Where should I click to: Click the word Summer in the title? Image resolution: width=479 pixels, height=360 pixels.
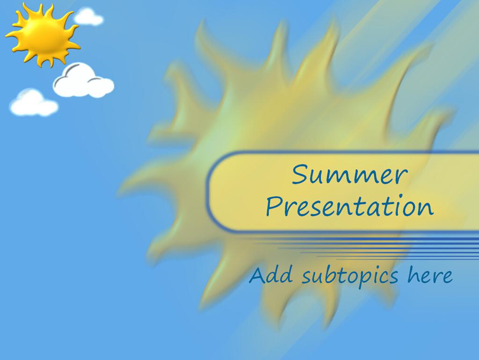349,174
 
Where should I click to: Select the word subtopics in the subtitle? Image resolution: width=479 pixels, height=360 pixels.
350,276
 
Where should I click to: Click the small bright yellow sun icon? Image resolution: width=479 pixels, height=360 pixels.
43,35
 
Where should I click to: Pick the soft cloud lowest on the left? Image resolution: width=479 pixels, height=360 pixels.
34,103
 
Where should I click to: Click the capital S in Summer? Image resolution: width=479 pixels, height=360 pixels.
302,174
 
